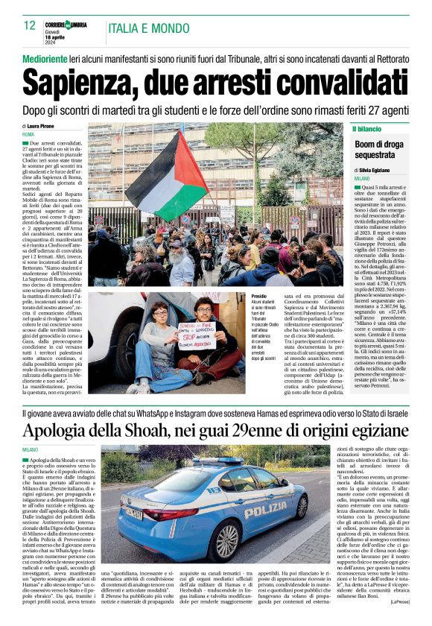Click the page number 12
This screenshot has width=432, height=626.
point(29,25)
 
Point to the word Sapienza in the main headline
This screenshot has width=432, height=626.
point(86,80)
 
